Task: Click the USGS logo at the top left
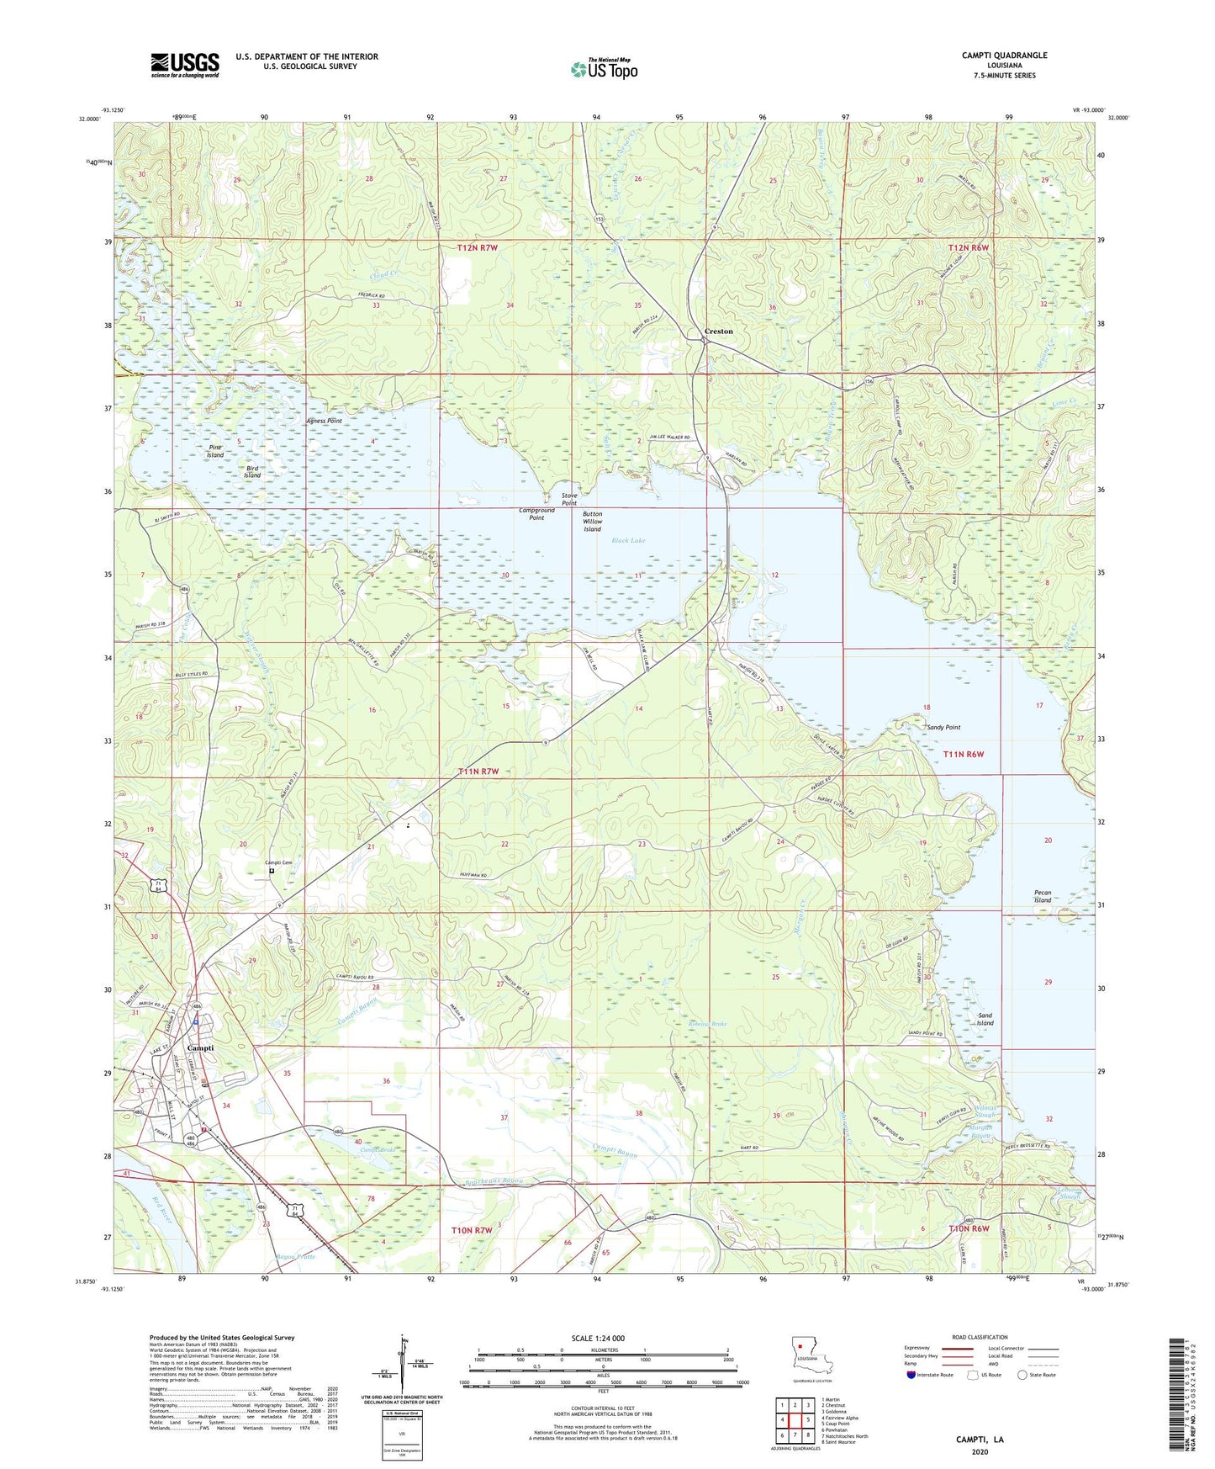(x=184, y=65)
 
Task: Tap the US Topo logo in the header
(x=603, y=70)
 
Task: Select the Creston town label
(x=718, y=331)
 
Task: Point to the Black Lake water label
(x=628, y=540)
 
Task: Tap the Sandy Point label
(x=943, y=727)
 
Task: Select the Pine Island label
(x=215, y=451)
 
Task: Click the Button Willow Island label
(x=592, y=521)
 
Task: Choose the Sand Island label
(x=985, y=1020)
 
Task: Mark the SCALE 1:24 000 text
(x=598, y=1339)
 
